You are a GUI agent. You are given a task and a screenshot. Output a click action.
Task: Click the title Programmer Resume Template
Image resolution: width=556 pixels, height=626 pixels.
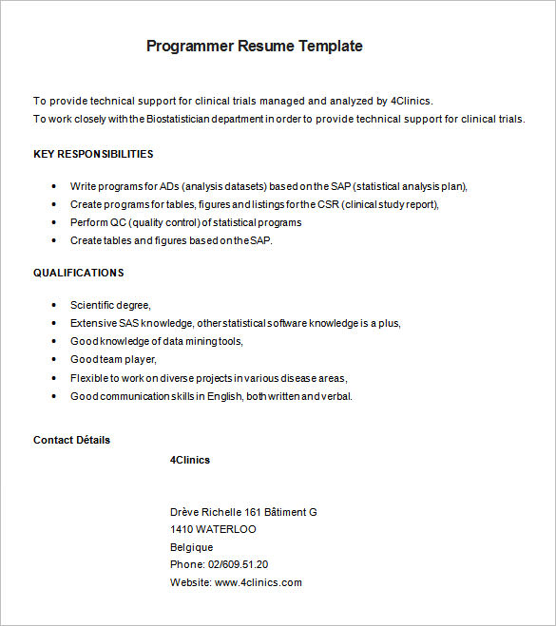coord(254,46)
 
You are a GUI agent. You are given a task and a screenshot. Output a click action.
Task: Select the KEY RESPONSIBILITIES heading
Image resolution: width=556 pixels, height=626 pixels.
coord(93,154)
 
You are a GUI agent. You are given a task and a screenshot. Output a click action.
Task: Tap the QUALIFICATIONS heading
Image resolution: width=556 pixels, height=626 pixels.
coord(78,273)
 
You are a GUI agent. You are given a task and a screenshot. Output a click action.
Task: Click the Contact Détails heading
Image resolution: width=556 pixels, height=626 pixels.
coord(71,440)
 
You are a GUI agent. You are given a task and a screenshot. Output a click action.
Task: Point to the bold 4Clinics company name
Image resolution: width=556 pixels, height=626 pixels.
coord(190,460)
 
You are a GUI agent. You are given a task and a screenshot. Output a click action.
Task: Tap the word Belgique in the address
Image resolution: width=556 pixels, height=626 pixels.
coord(192,547)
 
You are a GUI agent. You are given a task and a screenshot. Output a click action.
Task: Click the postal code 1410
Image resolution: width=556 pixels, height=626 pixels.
coord(182,529)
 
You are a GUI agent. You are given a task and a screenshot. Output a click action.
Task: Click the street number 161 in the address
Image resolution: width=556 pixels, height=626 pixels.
coord(253,512)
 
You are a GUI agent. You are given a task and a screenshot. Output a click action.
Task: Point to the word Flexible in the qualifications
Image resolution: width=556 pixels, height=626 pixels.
coord(88,378)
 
